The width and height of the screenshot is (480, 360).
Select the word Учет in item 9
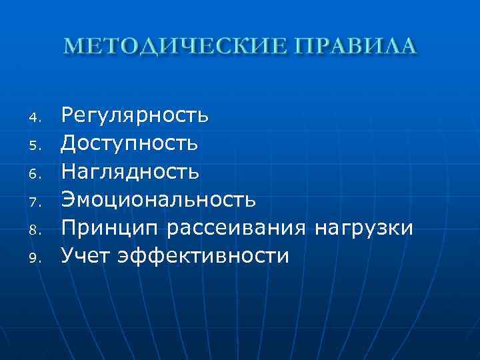(x=85, y=256)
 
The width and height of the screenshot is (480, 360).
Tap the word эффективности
(x=203, y=256)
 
